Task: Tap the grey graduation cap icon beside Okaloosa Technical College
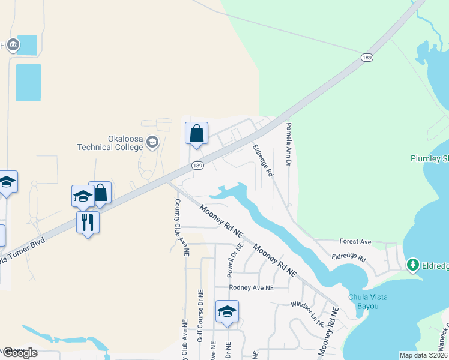152,142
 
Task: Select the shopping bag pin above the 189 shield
196,133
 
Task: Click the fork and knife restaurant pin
88,222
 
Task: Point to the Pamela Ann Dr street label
288,145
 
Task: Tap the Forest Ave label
355,242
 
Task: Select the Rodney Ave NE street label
252,287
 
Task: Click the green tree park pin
412,264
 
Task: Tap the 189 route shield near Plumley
367,58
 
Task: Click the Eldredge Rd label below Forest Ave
348,257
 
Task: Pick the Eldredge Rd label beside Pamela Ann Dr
263,159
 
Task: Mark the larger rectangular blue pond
29,82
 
